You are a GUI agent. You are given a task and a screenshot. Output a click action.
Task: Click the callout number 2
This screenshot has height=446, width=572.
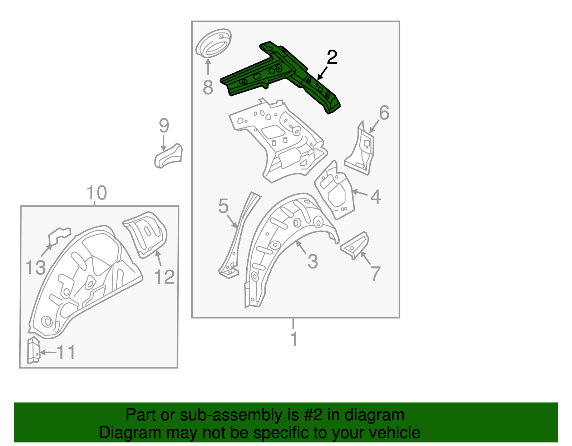332,57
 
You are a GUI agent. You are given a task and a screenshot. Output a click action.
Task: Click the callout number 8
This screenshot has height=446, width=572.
208,87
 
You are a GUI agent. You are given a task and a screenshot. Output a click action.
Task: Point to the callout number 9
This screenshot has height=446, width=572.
164,126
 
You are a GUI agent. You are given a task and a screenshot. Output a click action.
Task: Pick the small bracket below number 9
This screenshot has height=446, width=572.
168,156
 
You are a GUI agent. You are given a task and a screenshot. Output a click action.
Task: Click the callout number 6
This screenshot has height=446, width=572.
384,113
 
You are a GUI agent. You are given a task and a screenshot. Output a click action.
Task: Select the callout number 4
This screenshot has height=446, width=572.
375,196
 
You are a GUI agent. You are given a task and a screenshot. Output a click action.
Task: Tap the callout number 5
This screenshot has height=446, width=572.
223,206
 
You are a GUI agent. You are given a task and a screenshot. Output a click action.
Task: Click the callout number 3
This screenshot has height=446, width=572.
312,261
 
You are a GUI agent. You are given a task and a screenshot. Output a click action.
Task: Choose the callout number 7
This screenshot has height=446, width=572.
375,274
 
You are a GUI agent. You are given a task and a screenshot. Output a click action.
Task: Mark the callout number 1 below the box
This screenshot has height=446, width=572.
294,339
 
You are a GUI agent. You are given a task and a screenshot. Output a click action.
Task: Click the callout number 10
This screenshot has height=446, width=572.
97,193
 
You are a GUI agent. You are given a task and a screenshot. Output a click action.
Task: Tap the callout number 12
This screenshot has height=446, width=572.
164,277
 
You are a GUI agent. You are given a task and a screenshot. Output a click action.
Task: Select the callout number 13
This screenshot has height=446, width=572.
35,267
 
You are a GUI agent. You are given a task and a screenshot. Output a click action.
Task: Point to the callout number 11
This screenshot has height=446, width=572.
66,352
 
